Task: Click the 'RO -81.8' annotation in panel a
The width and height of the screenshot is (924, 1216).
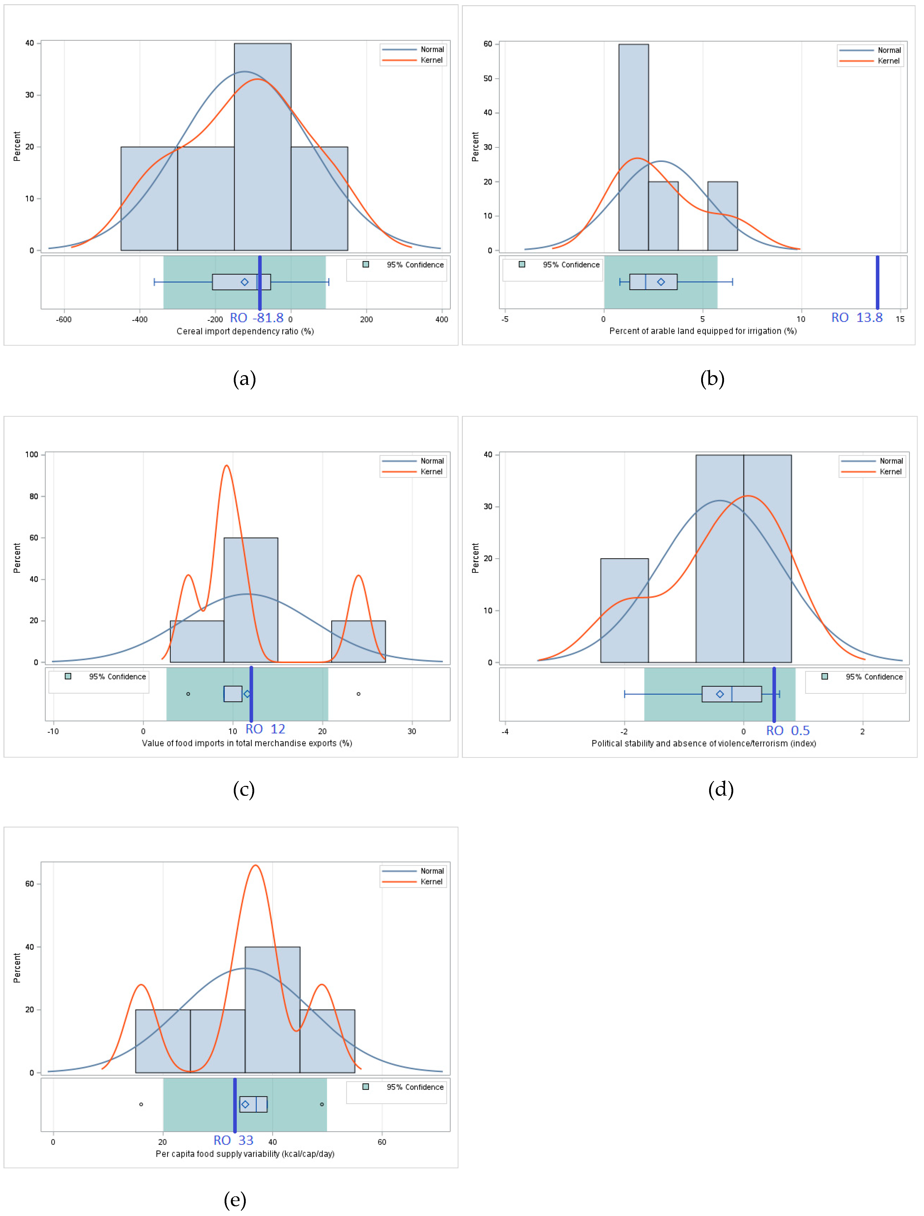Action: click(256, 318)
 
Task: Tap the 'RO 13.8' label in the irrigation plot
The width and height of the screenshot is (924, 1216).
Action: click(856, 318)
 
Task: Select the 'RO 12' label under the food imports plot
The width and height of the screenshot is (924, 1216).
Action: click(265, 729)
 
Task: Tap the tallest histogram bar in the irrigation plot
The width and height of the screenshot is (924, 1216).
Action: click(633, 147)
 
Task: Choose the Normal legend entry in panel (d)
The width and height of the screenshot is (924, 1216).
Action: click(890, 461)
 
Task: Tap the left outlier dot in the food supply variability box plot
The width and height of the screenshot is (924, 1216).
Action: click(141, 1104)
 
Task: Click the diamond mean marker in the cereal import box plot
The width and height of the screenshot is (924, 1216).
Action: click(245, 282)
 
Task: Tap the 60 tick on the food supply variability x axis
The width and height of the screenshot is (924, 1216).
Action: click(382, 1142)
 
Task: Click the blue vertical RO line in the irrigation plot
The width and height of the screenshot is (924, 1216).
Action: click(877, 282)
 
